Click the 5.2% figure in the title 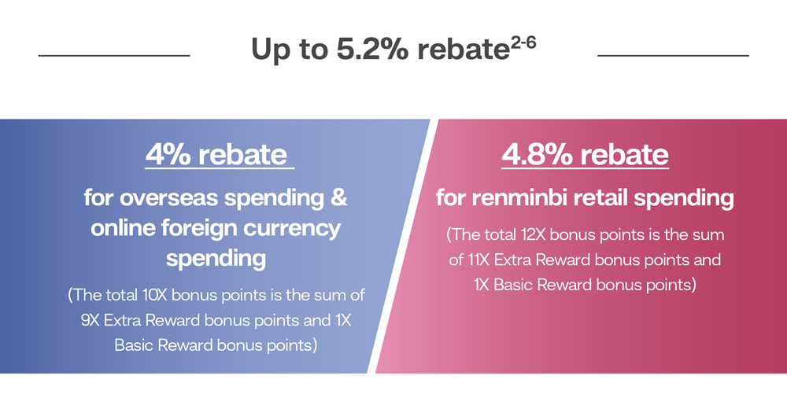pos(372,50)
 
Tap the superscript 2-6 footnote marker pos(523,44)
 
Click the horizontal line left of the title pos(114,55)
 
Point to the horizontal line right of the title pos(673,55)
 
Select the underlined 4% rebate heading pos(217,155)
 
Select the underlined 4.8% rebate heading pos(586,155)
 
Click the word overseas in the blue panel pos(169,197)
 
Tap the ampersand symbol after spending pos(338,197)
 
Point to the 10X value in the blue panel pos(154,295)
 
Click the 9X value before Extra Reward pos(91,320)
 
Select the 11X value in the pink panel pos(478,260)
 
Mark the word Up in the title pos(268,50)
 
